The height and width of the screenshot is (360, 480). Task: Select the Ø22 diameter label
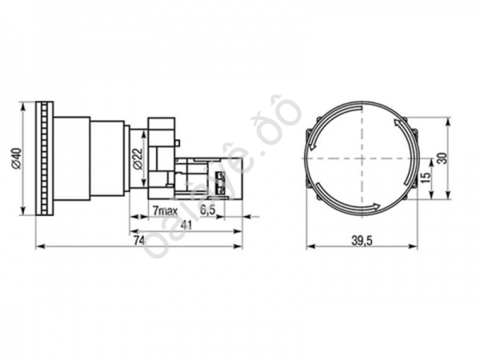pos(137,159)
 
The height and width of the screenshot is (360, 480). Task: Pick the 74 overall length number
pos(137,240)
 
